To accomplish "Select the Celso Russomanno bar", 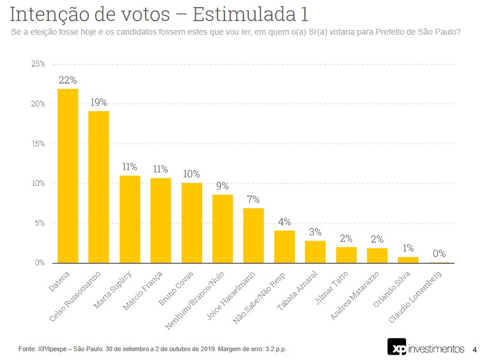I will pos(99,186).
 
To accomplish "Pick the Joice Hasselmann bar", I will pos(253,235).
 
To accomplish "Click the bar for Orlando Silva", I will pos(408,259).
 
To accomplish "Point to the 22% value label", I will pos(68,80).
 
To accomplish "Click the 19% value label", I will pos(99,102).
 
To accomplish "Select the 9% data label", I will pos(223,186).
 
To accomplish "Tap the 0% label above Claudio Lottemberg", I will pos(439,254).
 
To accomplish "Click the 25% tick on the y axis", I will pos(38,64).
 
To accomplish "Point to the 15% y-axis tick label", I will pos(38,144).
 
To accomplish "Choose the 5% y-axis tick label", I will pos(40,223).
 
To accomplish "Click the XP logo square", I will pos(397,347).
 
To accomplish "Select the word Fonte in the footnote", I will pos(28,349).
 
